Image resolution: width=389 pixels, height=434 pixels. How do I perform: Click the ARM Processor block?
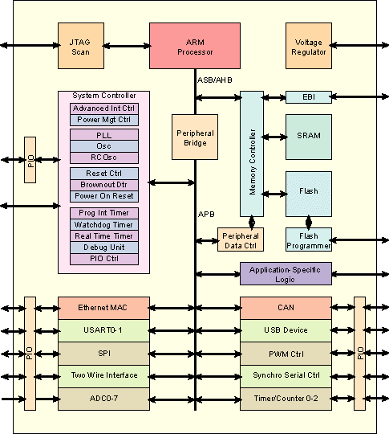[195, 46]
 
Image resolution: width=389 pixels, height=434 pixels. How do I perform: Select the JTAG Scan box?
[80, 46]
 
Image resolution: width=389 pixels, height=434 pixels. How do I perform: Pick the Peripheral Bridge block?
[195, 137]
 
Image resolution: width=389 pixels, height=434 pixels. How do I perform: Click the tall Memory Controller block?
[252, 153]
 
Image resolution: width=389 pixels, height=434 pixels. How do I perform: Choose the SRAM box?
[309, 136]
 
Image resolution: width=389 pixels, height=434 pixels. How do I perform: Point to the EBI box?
[309, 97]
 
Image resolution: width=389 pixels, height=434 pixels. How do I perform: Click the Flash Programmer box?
[309, 240]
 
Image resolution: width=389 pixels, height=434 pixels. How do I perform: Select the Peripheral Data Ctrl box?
[241, 240]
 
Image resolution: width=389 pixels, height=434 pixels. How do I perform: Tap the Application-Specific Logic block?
[286, 273]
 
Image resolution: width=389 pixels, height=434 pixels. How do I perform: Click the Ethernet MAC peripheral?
[103, 308]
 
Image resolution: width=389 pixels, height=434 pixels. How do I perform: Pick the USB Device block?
[286, 330]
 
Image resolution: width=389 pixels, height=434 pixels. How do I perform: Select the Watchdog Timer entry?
[104, 224]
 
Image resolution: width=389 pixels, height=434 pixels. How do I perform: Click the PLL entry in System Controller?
[104, 135]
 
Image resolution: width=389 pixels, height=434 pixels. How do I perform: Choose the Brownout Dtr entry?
[104, 184]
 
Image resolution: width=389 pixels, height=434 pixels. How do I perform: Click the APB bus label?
[206, 214]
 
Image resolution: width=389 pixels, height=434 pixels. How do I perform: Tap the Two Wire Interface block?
[103, 375]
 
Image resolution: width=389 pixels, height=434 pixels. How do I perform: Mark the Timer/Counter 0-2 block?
[286, 399]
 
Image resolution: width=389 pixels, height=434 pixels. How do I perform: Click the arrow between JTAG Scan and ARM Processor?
[126, 47]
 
